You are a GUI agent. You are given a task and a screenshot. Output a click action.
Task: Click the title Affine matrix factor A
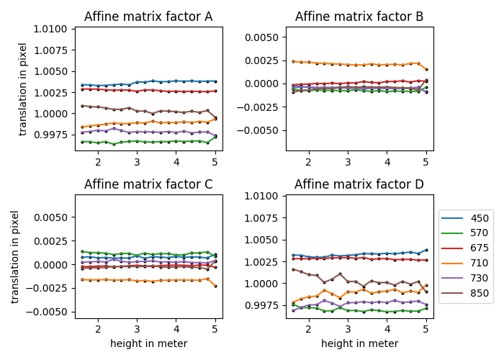(148, 17)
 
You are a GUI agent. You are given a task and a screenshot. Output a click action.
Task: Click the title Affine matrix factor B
(359, 17)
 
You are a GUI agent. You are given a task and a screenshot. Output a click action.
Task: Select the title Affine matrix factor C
(148, 184)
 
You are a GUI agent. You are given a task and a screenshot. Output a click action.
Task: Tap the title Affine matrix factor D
(359, 184)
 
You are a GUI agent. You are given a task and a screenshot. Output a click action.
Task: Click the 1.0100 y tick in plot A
(52, 30)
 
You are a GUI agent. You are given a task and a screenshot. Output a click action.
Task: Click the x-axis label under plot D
(359, 343)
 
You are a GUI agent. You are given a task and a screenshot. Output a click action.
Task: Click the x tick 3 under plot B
(347, 161)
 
